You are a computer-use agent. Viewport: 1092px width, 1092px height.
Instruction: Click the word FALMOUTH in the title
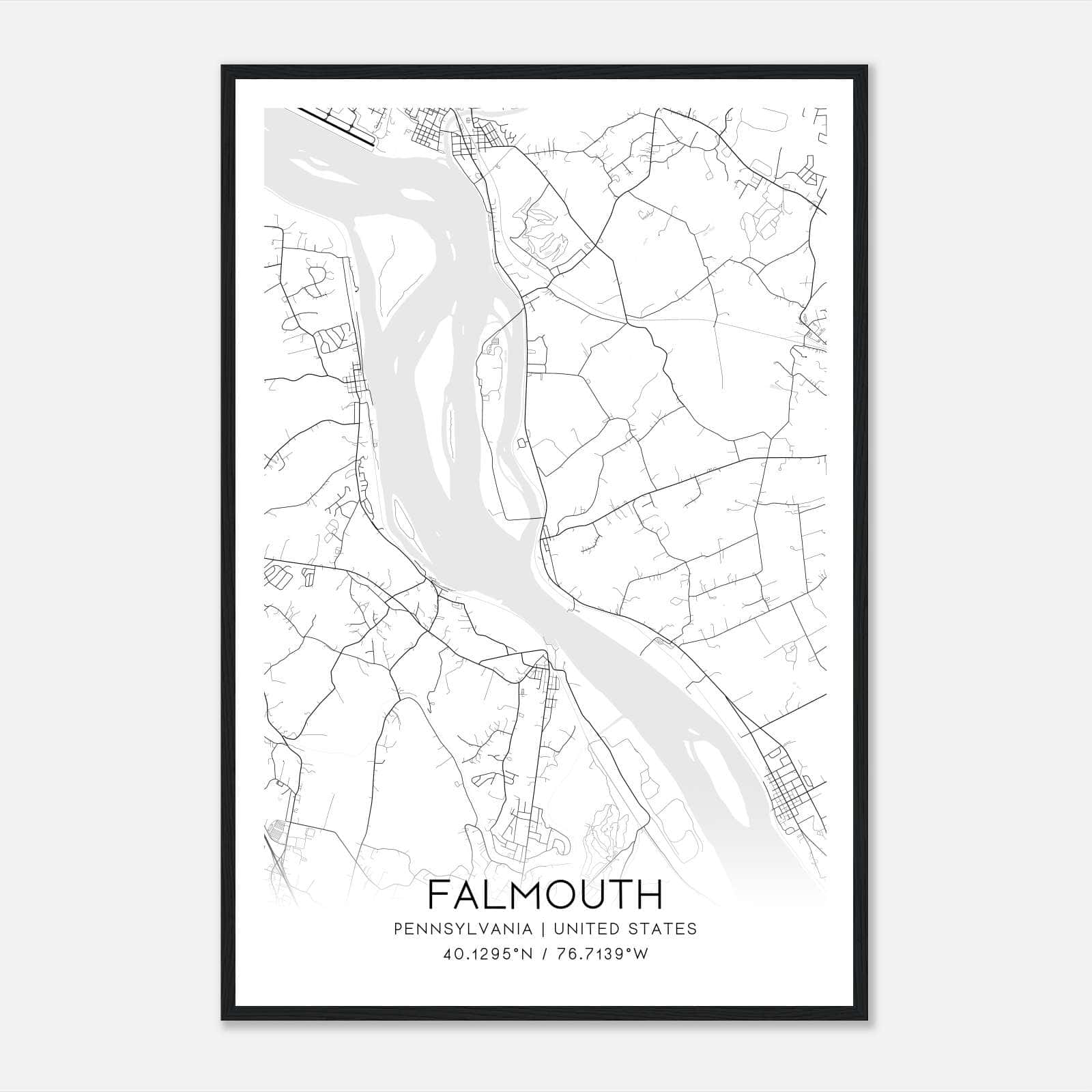(x=545, y=895)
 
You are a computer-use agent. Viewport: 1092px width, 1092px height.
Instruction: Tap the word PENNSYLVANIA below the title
(x=462, y=929)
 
